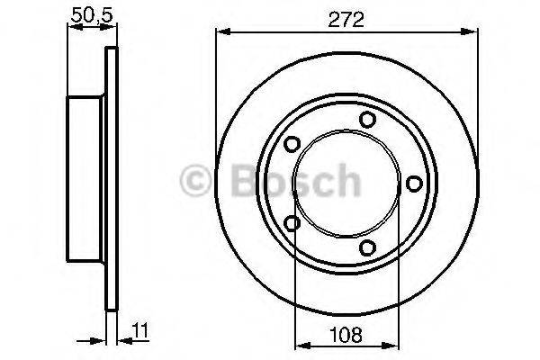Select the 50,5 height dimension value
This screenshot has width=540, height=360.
point(86,15)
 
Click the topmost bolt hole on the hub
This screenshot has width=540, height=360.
point(366,120)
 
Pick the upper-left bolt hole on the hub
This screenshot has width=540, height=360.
point(291,144)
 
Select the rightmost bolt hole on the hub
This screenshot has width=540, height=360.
point(414,184)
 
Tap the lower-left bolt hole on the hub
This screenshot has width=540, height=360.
point(291,223)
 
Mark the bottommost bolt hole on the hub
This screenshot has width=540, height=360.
point(366,247)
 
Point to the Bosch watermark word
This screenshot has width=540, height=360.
point(286,182)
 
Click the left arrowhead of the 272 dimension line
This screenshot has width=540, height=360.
point(221,33)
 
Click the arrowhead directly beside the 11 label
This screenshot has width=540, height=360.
point(122,340)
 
